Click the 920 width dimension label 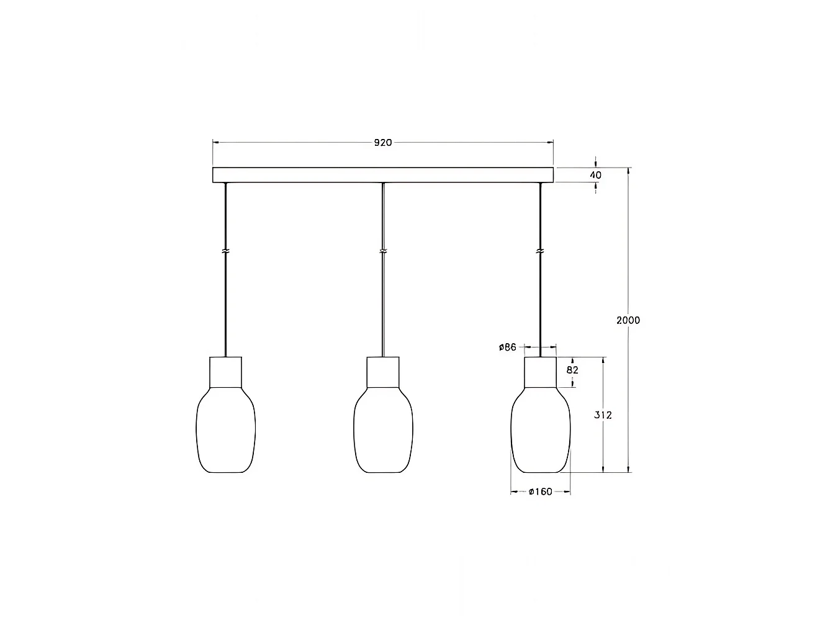(x=383, y=143)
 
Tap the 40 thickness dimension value (x=595, y=175)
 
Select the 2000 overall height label (x=628, y=320)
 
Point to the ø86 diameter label (x=507, y=347)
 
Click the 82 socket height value (x=573, y=370)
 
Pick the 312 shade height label (x=603, y=415)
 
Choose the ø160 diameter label (x=541, y=492)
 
